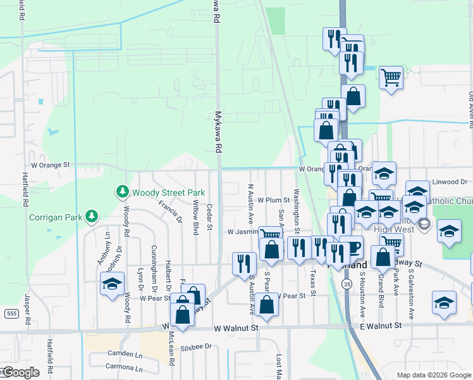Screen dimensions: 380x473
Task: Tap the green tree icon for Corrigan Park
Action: [x=92, y=217]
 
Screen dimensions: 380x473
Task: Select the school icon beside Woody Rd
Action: [x=112, y=284]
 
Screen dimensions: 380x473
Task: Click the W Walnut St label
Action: [x=236, y=328]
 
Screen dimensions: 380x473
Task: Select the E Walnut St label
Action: [x=380, y=326]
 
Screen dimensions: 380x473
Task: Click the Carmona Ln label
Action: [x=124, y=367]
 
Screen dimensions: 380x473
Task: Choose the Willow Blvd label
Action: [x=195, y=217]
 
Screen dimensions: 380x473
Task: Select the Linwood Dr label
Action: [x=450, y=182]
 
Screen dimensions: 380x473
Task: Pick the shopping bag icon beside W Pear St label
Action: [x=268, y=305]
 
